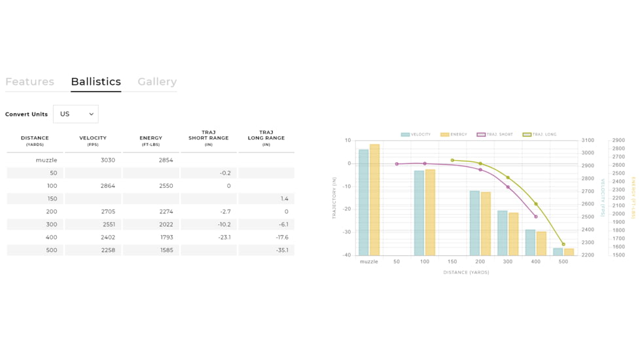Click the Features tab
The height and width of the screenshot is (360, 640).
coord(29,82)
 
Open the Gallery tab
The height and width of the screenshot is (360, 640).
coord(157,82)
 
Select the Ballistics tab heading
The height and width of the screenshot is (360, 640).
coord(96,82)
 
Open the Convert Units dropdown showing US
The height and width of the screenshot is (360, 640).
coord(76,114)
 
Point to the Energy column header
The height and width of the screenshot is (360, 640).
coord(151,140)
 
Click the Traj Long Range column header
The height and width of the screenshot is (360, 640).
coord(266,137)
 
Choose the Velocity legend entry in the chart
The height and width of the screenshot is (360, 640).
coord(416,134)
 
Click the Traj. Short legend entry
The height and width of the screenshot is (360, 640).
coord(495,134)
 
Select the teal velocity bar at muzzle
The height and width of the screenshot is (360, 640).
coord(364,202)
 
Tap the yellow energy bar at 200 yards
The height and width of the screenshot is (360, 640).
coord(486,223)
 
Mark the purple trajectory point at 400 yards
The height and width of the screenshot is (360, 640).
coord(536,217)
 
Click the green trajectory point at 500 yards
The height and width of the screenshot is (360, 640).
coord(563,244)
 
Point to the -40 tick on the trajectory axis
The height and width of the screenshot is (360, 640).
coord(347,255)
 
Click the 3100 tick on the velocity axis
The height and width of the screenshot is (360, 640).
coord(588,140)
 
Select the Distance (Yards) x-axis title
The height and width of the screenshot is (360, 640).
coord(466,272)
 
